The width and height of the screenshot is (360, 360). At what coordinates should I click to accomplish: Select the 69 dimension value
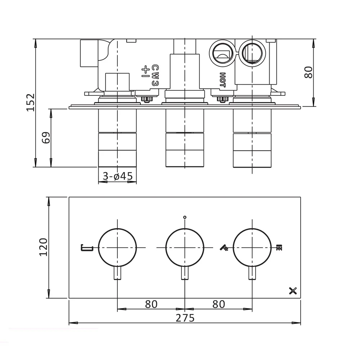click(x=46, y=138)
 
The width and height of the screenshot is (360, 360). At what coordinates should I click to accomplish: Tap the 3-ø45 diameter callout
click(x=118, y=176)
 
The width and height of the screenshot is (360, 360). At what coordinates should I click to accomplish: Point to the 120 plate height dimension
click(x=43, y=247)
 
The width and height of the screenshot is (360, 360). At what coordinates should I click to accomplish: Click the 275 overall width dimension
click(x=185, y=318)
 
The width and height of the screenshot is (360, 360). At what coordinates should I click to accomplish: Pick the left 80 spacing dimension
click(x=151, y=304)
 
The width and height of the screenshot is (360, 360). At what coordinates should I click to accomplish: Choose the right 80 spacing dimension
click(x=219, y=304)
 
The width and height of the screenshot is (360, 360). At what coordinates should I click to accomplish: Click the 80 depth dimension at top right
click(x=309, y=72)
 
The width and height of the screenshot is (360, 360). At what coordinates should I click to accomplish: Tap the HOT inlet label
click(x=222, y=80)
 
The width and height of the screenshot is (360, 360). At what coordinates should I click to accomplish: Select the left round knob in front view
click(x=117, y=248)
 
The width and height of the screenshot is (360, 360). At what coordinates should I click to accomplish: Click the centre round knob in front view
click(x=185, y=248)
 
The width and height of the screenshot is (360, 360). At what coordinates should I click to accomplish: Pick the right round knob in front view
click(x=252, y=248)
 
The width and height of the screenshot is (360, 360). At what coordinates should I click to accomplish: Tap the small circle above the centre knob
click(x=185, y=217)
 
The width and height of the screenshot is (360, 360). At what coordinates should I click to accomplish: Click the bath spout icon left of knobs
click(x=87, y=247)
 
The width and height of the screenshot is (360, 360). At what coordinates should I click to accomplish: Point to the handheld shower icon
click(x=225, y=248)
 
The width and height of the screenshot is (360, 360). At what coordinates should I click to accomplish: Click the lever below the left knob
click(x=117, y=274)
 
